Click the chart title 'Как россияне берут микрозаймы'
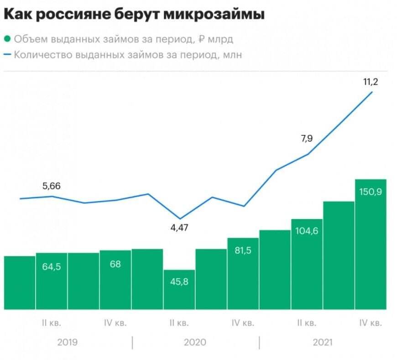[x=134, y=15]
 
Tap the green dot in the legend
[x=7, y=39]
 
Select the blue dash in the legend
[x=7, y=55]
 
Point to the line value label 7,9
[x=307, y=139]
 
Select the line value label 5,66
[x=51, y=186]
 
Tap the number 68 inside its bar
[x=115, y=264]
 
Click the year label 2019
[x=67, y=342]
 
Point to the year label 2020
[x=195, y=342]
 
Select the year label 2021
[x=323, y=342]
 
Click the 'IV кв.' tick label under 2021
[x=370, y=323]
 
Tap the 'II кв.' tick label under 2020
[x=179, y=323]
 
